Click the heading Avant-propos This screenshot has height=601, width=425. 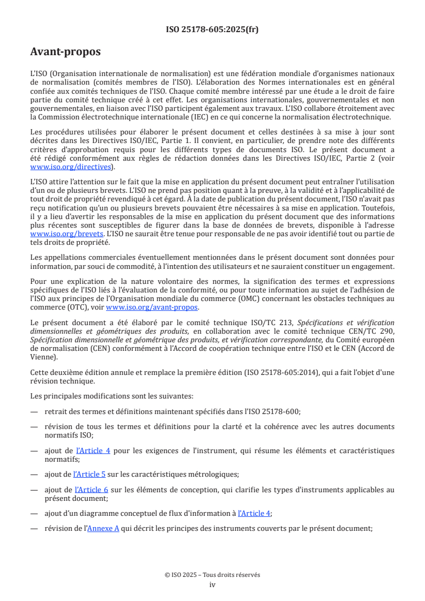pyautogui.click(x=65, y=52)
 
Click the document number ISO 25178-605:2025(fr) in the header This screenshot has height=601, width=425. pyautogui.click(x=212, y=29)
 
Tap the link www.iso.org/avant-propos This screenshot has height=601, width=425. pyautogui.click(x=152, y=307)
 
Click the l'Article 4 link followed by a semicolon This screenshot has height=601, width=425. pyautogui.click(x=253, y=513)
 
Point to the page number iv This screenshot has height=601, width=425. pyautogui.click(x=212, y=584)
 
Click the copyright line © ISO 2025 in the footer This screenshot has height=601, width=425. pyautogui.click(x=212, y=575)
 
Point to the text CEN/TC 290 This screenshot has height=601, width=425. pyautogui.click(x=375, y=332)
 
